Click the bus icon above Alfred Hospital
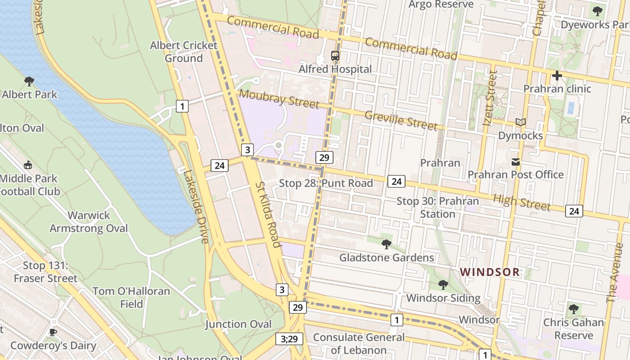coord(335,56)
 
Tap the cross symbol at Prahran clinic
coord(557,75)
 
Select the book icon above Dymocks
coord(521,122)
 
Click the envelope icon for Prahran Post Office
coord(516,162)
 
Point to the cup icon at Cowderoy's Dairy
coord(53,333)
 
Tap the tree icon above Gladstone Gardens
coord(386,244)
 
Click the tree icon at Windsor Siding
coord(443,284)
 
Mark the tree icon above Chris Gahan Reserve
coord(573,309)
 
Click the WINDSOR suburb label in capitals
coord(490,272)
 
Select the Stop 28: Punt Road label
coord(326,183)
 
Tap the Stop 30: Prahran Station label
coord(437,207)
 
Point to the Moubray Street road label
coord(279,99)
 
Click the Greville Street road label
coord(400,120)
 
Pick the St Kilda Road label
coord(268,214)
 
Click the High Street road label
coord(522,202)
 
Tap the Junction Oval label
coord(238,324)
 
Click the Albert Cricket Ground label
coord(184,52)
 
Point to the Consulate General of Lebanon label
coord(359,344)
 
